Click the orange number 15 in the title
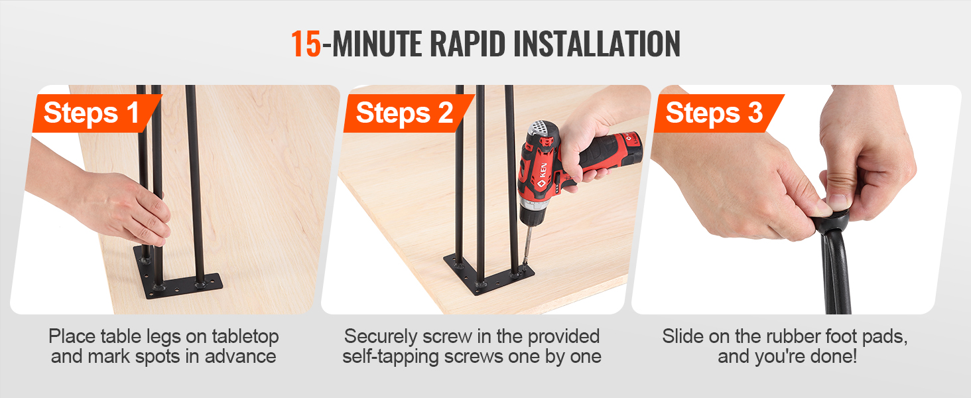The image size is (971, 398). pyautogui.click(x=306, y=44)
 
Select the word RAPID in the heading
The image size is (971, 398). pyautogui.click(x=468, y=44)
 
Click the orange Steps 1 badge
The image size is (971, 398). pyautogui.click(x=96, y=113)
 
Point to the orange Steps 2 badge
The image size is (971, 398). pyautogui.click(x=409, y=113)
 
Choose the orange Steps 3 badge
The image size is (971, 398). pyautogui.click(x=719, y=113)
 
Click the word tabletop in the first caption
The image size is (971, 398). pyautogui.click(x=245, y=337)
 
